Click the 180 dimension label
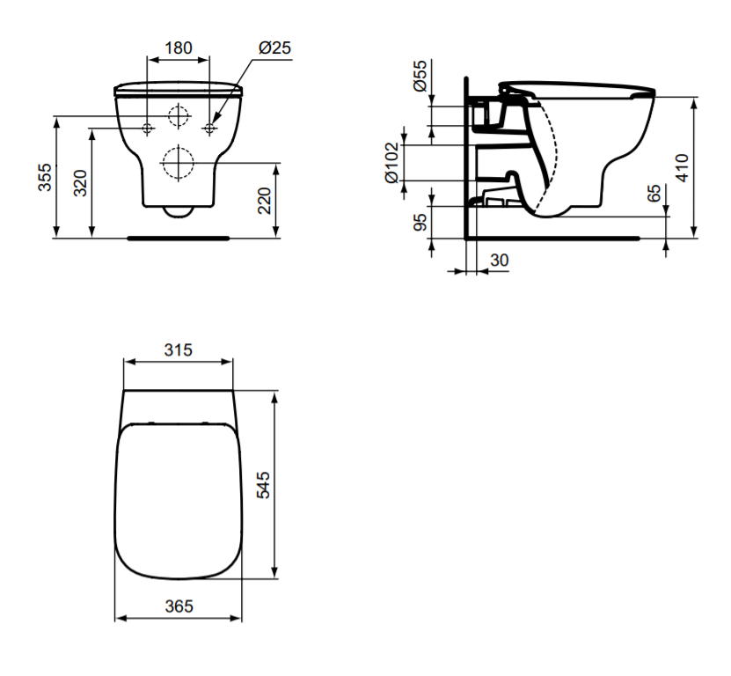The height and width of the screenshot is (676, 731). [x=179, y=48]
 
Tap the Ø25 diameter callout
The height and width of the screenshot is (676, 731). [x=274, y=48]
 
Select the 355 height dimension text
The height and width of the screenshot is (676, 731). [x=45, y=177]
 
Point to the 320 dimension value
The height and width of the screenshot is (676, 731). [x=80, y=183]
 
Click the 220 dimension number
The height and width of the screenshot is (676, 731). [x=264, y=201]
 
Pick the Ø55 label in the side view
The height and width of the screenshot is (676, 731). [x=420, y=75]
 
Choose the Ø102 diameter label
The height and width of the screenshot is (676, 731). [x=391, y=163]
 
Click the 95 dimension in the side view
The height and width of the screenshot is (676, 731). [x=420, y=222]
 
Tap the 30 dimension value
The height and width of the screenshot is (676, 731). [x=500, y=261]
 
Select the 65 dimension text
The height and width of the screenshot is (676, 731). [x=654, y=193]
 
